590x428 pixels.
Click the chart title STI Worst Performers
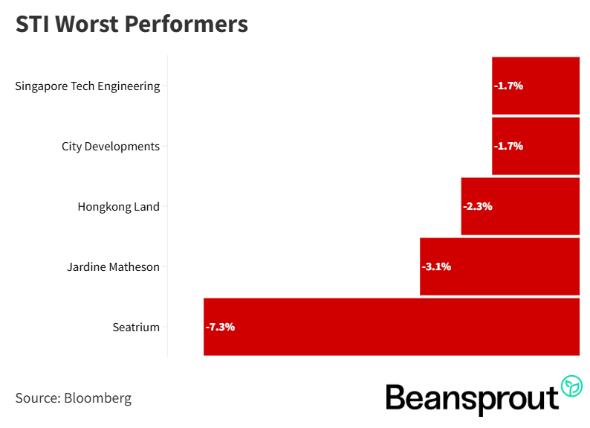132,25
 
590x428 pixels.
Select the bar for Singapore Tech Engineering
535,86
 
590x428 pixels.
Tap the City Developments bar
535,146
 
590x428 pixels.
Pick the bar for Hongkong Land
520,206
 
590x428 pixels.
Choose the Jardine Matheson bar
499,266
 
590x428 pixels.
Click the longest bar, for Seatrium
391,327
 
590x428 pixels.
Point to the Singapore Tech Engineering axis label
88,86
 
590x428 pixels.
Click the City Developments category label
111,146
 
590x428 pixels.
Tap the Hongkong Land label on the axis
118,206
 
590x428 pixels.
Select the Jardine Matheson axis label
113,266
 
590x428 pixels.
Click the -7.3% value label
220,327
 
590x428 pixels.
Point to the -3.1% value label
436,266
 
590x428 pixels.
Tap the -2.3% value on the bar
478,206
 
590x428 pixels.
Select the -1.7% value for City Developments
509,146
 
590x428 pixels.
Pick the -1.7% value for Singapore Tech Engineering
509,86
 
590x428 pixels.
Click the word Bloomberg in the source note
97,398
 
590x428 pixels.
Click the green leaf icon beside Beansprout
571,386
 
